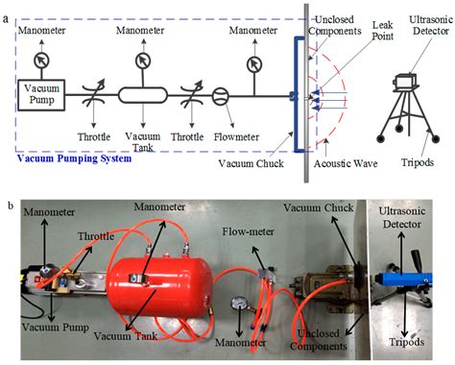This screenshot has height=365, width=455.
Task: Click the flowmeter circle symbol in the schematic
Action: click(219, 95)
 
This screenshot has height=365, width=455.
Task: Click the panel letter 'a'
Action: click(7, 10)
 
